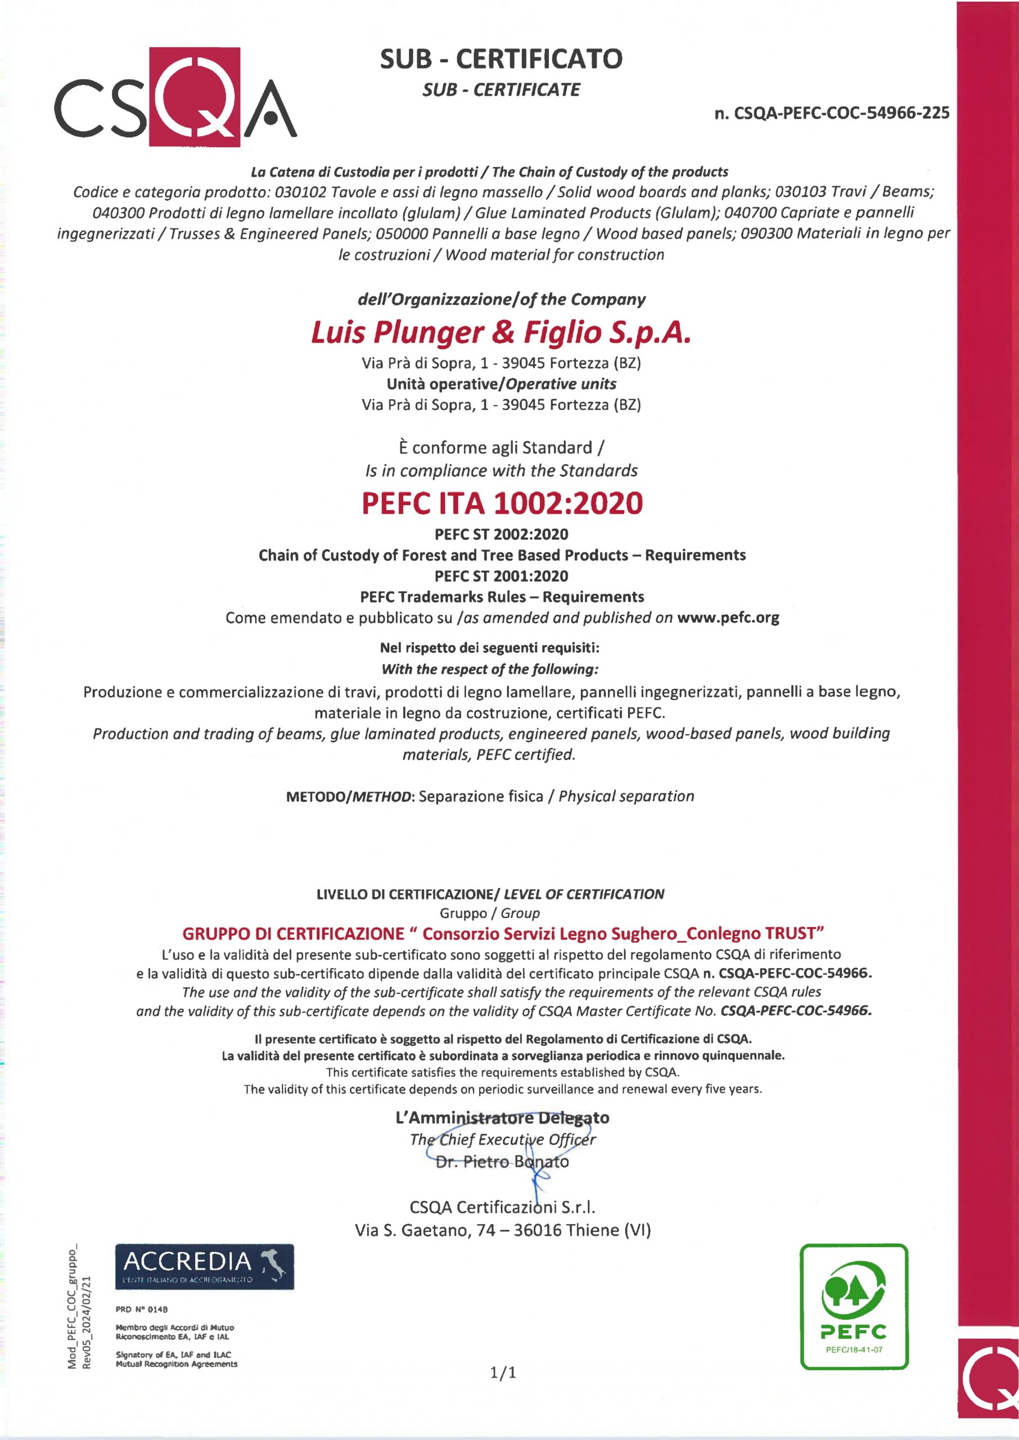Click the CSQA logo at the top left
coord(175,97)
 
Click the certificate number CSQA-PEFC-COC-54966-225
coord(832,113)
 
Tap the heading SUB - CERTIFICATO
coord(501,59)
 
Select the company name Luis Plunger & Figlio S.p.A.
coord(501,332)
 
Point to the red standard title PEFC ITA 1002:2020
coord(502,503)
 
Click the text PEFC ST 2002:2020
coord(501,534)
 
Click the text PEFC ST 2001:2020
coord(501,576)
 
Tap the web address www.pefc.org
coord(728,618)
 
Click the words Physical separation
coord(626,796)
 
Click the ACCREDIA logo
coord(204,1267)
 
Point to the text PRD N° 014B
coord(142,1309)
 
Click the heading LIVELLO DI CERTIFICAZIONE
coord(406,894)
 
